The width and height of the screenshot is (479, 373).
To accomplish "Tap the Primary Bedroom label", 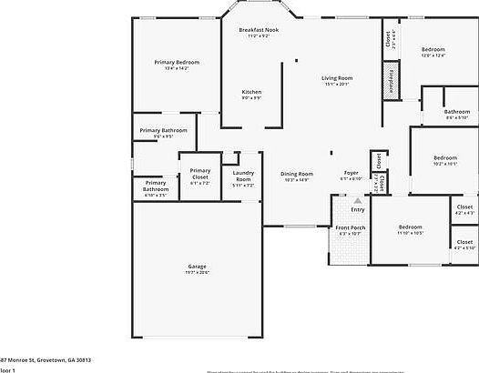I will pos(176,65).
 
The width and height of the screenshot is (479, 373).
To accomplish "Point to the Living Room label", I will pos(336,80).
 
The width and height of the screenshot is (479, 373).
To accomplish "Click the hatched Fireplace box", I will pos(391,81).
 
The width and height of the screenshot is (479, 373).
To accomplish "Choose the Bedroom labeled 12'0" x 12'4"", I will pos(433,51).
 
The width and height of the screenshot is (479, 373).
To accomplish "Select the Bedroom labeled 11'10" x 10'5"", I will pos(410,229).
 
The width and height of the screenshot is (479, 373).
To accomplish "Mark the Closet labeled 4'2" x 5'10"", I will pos(464,244).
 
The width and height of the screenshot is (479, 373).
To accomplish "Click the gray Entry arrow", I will pos(358,201).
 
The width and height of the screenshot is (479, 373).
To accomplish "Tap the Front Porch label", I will pos(350,230).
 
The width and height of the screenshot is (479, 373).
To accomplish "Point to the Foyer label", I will pos(351,175).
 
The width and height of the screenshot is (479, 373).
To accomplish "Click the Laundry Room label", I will pos(243,177).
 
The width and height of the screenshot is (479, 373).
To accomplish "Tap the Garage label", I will pos(197,268).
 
